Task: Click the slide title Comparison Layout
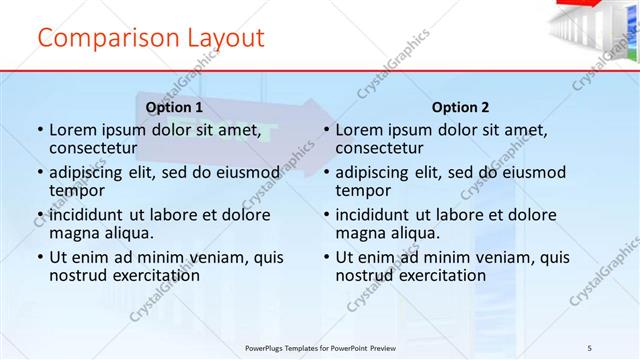coord(151,38)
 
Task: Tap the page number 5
coord(590,347)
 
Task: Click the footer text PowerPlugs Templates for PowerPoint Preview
coord(320,347)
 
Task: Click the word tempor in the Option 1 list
coord(76,191)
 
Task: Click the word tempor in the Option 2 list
coord(362,191)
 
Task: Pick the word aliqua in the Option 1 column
coord(125,233)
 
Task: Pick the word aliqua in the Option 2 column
coord(411,233)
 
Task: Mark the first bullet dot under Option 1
coord(39,130)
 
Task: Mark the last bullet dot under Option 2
coord(326,257)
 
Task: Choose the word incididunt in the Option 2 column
coord(376,215)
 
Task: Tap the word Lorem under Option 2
coord(358,130)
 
